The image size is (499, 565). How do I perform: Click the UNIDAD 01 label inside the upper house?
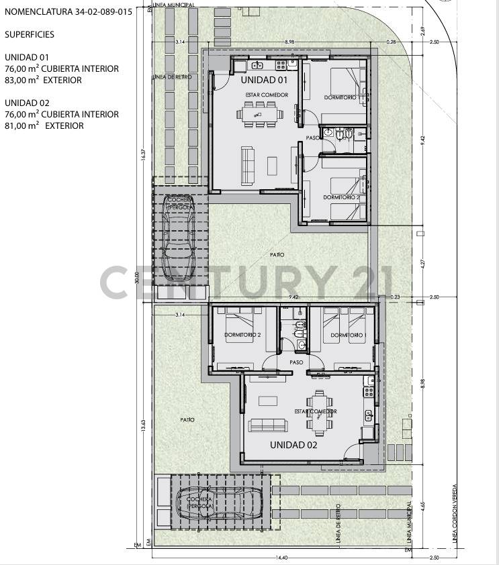[x=264, y=80]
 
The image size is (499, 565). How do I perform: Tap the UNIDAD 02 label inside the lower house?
[x=293, y=444]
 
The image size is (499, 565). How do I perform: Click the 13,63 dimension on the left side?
[x=142, y=425]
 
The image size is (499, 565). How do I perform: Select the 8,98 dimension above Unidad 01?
[x=289, y=42]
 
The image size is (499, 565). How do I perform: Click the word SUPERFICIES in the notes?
[x=30, y=34]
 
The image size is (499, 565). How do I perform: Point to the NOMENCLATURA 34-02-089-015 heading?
[x=68, y=11]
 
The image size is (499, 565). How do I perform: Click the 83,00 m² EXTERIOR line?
[x=43, y=80]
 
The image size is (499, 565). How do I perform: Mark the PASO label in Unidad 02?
[x=296, y=362]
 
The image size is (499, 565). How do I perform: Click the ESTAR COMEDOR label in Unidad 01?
[x=267, y=95]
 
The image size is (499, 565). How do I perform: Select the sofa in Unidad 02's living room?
[x=268, y=425]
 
